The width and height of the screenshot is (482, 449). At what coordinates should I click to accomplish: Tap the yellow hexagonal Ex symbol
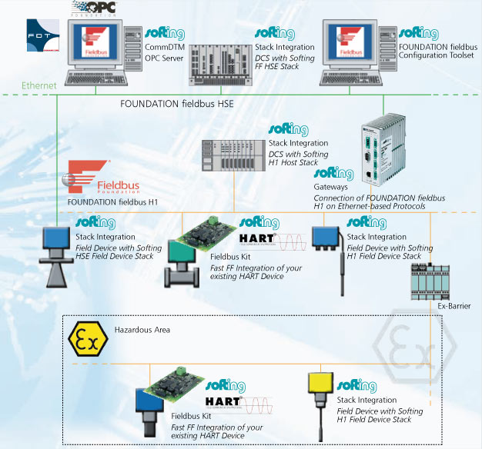85,338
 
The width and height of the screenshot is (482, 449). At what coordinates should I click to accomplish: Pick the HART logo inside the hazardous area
223,400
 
